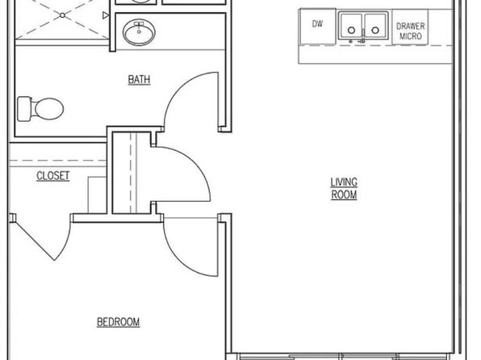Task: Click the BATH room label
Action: click(x=139, y=80)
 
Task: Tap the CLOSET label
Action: click(x=52, y=176)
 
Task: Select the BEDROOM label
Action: click(x=119, y=322)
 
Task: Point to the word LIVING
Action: click(x=344, y=182)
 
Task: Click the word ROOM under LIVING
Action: click(x=344, y=195)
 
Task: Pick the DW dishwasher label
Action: click(x=317, y=23)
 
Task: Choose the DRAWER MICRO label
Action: click(x=411, y=31)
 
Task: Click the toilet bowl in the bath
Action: click(x=49, y=109)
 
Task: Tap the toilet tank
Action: click(x=24, y=109)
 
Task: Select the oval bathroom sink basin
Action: click(x=139, y=32)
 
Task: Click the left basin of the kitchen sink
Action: click(x=351, y=26)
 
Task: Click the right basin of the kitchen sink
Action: click(x=375, y=26)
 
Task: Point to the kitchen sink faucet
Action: click(x=363, y=36)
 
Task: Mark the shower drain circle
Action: click(x=62, y=15)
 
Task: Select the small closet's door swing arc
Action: click(x=192, y=165)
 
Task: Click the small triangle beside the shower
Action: click(x=106, y=15)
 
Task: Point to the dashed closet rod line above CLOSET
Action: click(x=58, y=160)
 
